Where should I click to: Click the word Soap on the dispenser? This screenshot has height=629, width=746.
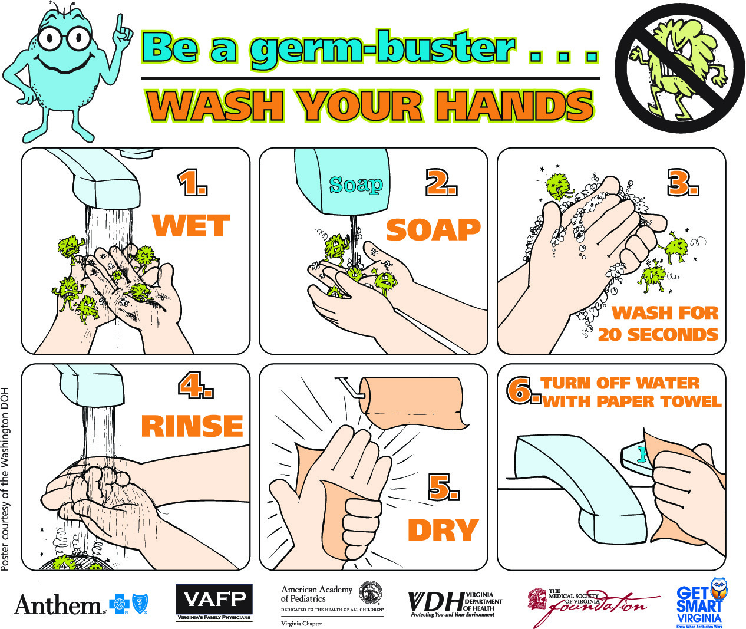pos(356,185)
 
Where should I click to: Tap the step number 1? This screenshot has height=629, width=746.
pos(192,183)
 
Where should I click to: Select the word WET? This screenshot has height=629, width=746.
pos(190,225)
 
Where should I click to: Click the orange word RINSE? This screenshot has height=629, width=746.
pos(192,426)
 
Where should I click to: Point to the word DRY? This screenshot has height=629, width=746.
pos(443,530)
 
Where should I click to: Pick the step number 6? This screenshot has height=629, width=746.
pos(523,391)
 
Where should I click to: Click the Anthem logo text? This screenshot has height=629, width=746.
pos(58,605)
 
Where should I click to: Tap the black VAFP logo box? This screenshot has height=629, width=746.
pos(214,600)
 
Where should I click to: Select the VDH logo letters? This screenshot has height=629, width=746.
pos(435,602)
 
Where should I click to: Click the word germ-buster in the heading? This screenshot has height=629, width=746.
pos(382,49)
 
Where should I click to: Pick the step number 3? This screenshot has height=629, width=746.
pos(682,183)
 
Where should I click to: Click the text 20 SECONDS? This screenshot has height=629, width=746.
pos(658,335)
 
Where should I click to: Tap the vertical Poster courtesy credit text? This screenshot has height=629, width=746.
pos(5,478)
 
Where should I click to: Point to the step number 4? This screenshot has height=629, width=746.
pos(195,386)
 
